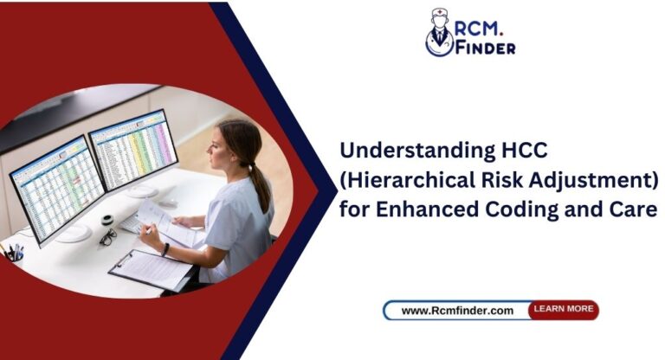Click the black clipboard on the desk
click(152, 269)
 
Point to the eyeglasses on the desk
click(107, 236)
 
